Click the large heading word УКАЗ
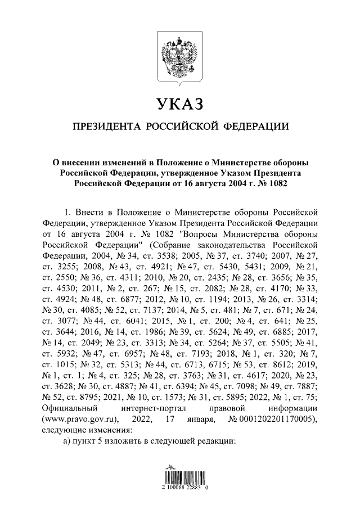179,103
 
